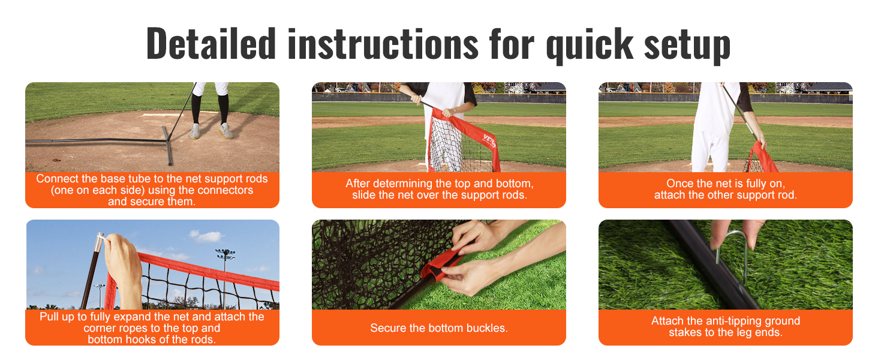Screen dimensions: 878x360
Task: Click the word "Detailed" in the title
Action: click(x=211, y=43)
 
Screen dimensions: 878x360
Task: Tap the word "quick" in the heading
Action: click(x=590, y=46)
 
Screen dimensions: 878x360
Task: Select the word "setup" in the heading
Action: click(x=687, y=46)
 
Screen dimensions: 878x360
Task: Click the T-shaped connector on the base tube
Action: click(x=167, y=145)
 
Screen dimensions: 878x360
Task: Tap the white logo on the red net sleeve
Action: click(x=489, y=141)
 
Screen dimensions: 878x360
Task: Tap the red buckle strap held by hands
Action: click(x=441, y=265)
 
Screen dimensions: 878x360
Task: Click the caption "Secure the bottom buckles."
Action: click(x=439, y=328)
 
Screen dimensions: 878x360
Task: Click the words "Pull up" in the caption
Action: click(x=57, y=317)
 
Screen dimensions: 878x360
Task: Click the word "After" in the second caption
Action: click(x=357, y=183)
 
